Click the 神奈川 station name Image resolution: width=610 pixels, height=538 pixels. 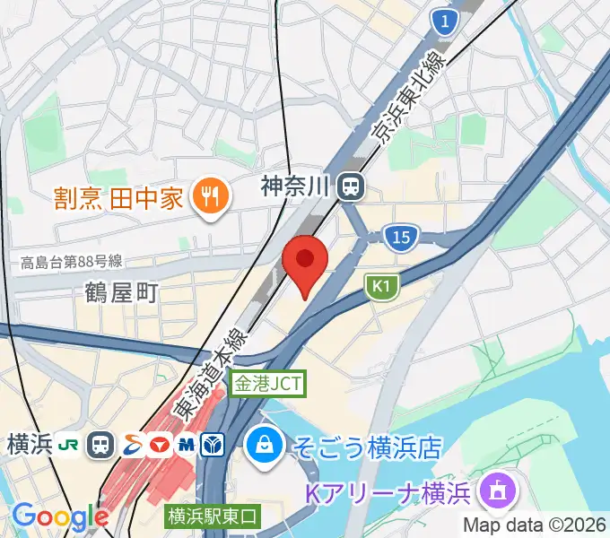[x=296, y=187]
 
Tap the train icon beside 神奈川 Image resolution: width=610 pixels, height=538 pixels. [x=350, y=187]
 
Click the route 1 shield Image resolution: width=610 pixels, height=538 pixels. [x=442, y=20]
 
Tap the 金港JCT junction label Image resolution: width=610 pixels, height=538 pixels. [x=269, y=384]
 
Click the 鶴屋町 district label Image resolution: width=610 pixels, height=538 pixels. [x=122, y=292]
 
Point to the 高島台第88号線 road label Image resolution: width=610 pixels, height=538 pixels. [x=71, y=263]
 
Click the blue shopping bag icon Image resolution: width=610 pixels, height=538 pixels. [x=266, y=443]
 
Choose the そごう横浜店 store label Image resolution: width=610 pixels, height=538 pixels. [x=368, y=443]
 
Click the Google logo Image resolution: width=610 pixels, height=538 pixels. [x=59, y=516]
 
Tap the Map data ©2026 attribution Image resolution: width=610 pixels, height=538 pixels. [x=536, y=525]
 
